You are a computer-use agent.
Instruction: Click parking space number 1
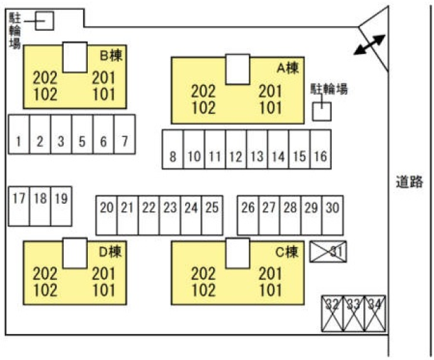(19, 142)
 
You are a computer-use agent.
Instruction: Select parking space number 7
(124, 142)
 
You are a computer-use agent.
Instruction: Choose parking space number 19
(61, 200)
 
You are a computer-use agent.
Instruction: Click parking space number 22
(149, 207)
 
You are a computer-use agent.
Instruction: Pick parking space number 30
(333, 207)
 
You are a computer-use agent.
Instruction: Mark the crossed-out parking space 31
(328, 252)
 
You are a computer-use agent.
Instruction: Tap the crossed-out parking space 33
(354, 304)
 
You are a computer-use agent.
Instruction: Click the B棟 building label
(111, 54)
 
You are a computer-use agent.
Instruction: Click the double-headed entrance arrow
(369, 46)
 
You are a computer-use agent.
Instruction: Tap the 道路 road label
(409, 182)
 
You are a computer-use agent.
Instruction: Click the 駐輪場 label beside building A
(329, 88)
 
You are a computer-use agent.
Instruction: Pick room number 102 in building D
(45, 289)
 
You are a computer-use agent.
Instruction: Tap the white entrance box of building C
(237, 253)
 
